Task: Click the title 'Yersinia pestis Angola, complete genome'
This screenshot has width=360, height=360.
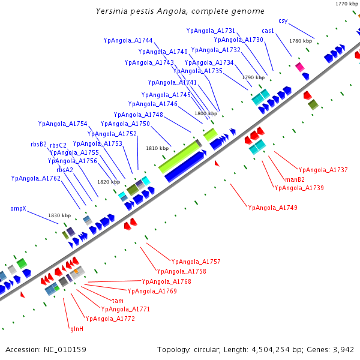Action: click(180, 11)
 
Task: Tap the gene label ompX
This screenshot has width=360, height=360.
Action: click(17, 208)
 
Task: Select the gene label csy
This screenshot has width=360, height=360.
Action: click(283, 20)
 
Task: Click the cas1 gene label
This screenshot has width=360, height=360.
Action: click(268, 31)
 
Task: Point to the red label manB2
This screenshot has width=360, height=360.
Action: click(295, 179)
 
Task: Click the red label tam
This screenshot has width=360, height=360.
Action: click(118, 300)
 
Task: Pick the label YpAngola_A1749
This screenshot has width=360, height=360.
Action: click(272, 208)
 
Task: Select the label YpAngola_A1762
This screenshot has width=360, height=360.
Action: click(36, 178)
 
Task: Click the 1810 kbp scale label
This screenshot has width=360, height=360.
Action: click(157, 148)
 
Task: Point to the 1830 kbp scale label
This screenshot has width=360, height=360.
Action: click(59, 215)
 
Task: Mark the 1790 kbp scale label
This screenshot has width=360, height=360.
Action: click(253, 77)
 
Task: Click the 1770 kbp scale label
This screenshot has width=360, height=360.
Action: click(346, 4)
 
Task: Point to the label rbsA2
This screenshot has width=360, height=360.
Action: click(65, 170)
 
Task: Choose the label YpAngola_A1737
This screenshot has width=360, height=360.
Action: click(323, 170)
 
